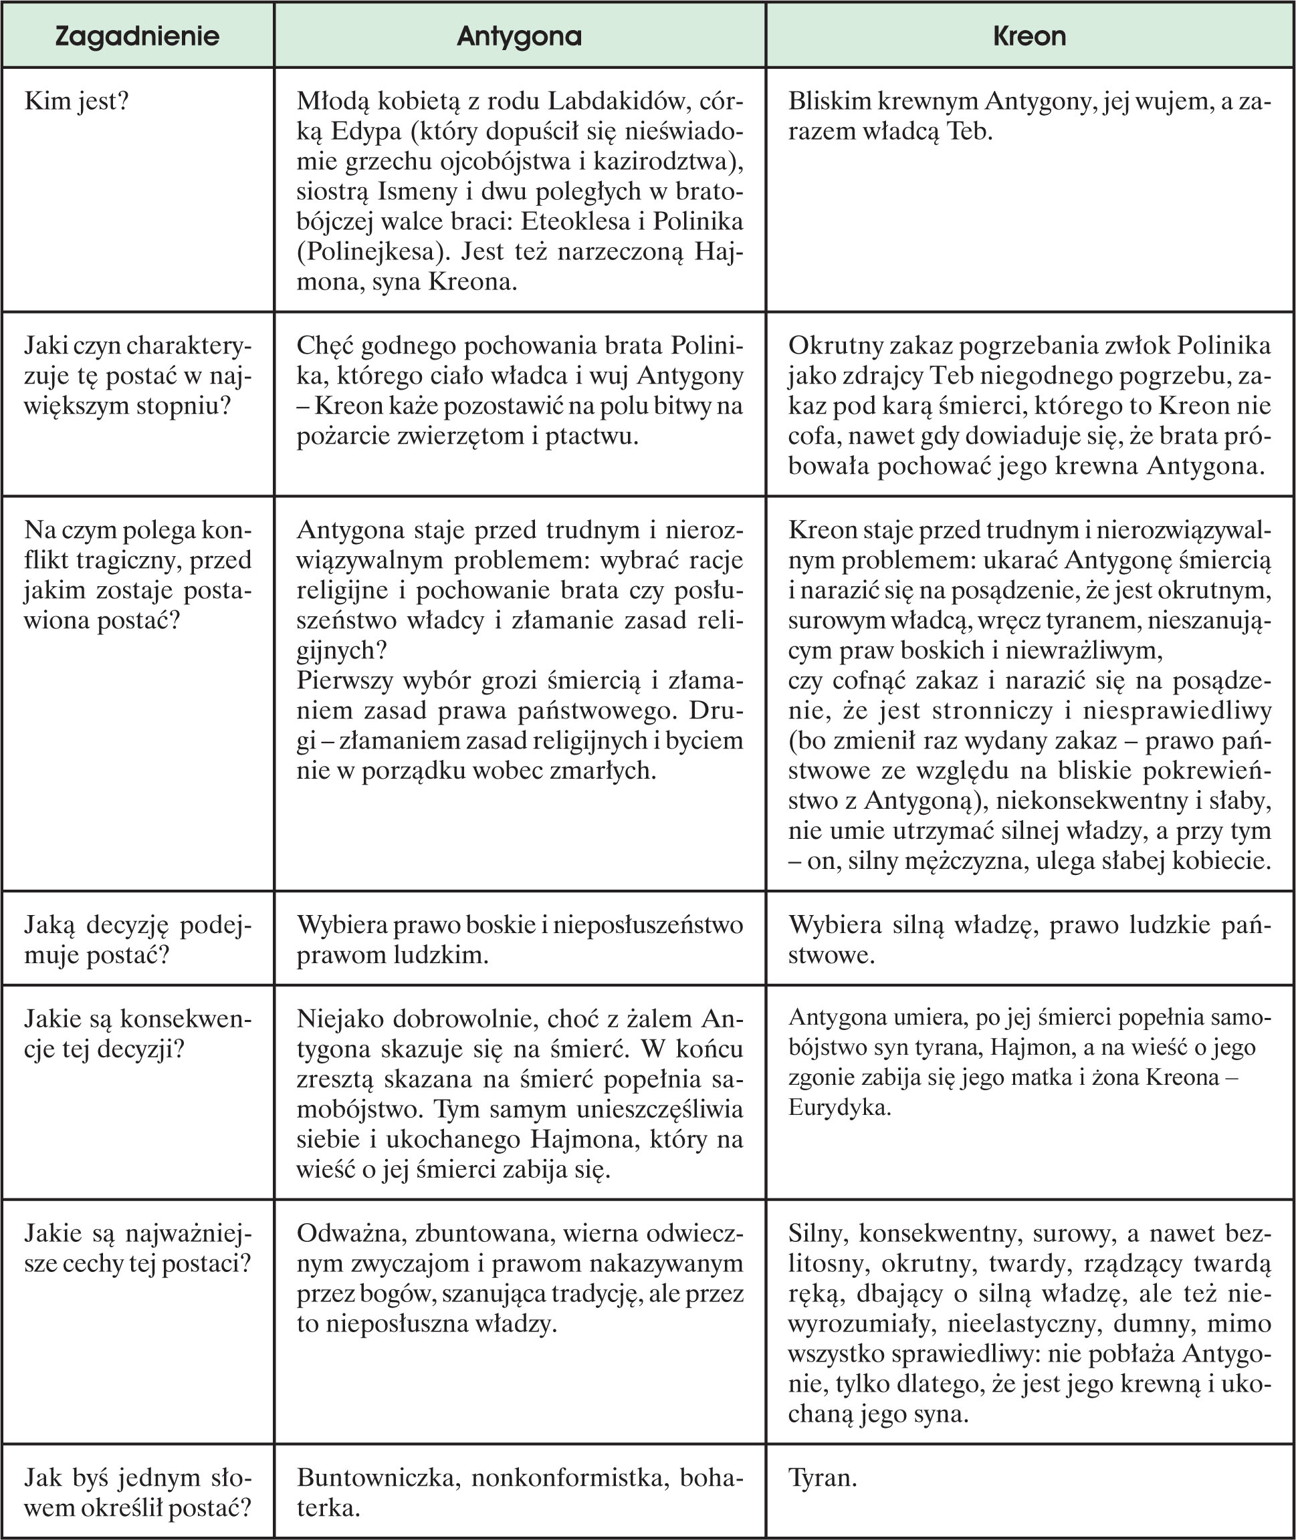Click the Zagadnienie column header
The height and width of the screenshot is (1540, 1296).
point(137,36)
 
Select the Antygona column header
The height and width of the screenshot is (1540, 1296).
point(519,36)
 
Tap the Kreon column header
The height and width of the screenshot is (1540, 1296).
point(1029,36)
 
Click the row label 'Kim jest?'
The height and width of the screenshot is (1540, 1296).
point(76,102)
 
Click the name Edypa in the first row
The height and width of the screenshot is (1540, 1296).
point(366,132)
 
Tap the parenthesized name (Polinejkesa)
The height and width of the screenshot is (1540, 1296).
point(373,252)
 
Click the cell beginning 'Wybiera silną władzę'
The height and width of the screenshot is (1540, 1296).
point(1029,939)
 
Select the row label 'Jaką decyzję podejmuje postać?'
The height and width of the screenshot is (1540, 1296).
point(137,939)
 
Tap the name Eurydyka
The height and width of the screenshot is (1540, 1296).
point(839,1108)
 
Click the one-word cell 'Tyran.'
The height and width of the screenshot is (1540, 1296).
point(823,1478)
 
